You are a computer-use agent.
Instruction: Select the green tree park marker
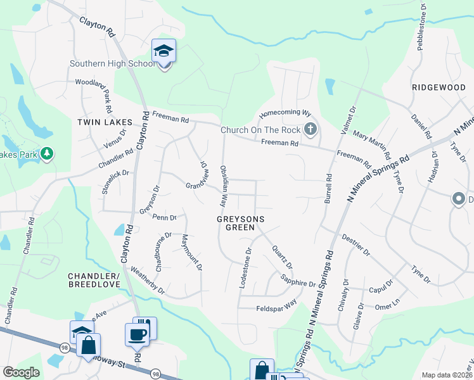pyautogui.click(x=46, y=154)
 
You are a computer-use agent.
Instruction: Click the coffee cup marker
pyautogui.click(x=138, y=334)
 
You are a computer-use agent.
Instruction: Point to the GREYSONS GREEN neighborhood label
pyautogui.click(x=240, y=222)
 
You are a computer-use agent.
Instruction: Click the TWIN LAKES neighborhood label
pyautogui.click(x=105, y=122)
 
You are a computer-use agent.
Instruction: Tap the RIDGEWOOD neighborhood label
pyautogui.click(x=439, y=87)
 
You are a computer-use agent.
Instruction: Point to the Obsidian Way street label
pyautogui.click(x=223, y=186)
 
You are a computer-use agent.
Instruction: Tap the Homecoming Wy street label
pyautogui.click(x=286, y=114)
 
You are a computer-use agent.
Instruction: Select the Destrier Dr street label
pyautogui.click(x=355, y=244)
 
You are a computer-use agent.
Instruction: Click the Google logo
pyautogui.click(x=20, y=372)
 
